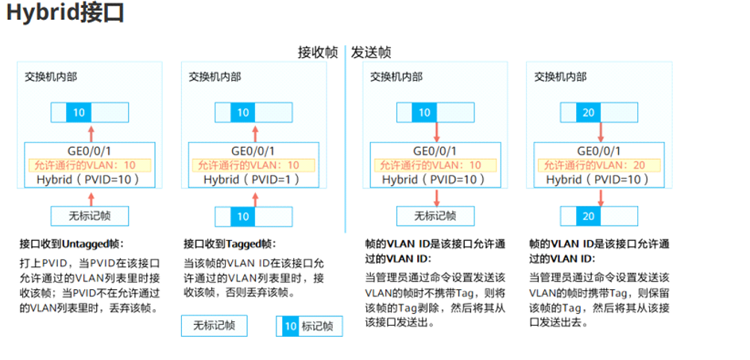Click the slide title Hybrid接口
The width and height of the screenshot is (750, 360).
[x=65, y=15]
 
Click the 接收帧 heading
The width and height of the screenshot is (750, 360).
[x=318, y=52]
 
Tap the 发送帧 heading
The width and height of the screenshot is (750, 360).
[x=371, y=52]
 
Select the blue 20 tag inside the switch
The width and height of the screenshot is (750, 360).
[x=589, y=113]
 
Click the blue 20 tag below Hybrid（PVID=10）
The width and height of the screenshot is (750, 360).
[x=589, y=216]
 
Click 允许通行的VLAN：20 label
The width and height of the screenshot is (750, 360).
[x=600, y=165]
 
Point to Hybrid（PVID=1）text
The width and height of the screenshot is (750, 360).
[x=253, y=180]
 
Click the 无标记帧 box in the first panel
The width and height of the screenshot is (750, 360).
[x=90, y=216]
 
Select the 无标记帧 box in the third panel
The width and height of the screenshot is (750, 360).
[x=436, y=216]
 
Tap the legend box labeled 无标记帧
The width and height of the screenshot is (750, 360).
[x=214, y=325]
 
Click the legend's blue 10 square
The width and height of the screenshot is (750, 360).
[x=290, y=326]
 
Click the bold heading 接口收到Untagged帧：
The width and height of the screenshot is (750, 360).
[x=72, y=244]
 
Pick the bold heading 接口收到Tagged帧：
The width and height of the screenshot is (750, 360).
[x=230, y=244]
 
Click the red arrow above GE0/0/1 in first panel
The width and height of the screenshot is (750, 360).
[x=90, y=133]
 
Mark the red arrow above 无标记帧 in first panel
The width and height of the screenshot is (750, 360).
[x=90, y=196]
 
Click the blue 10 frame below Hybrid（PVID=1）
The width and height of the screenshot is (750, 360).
[x=243, y=216]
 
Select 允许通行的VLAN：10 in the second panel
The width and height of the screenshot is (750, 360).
[x=253, y=165]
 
